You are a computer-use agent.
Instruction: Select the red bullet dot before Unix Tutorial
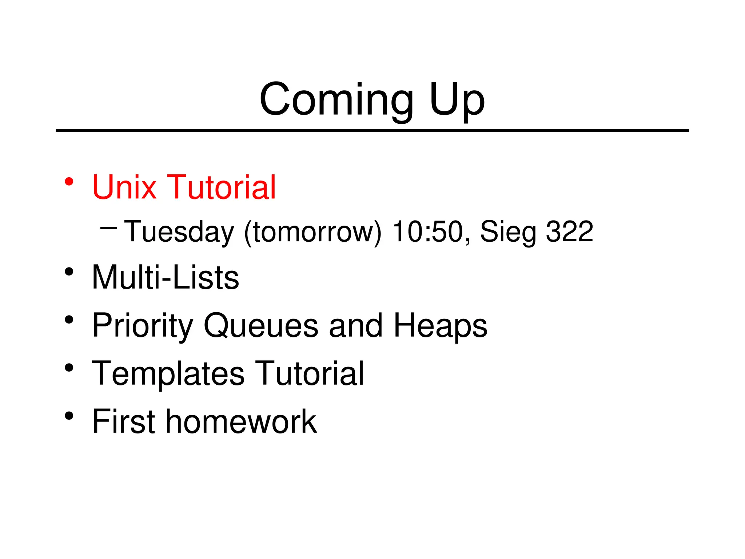click(x=69, y=181)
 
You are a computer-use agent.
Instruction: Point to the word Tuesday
click(x=179, y=232)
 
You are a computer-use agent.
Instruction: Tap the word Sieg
click(x=508, y=232)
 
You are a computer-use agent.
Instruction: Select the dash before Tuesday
click(x=108, y=229)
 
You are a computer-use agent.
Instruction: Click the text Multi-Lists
click(x=166, y=277)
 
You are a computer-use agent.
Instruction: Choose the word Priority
click(x=142, y=326)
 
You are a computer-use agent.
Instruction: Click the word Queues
click(x=261, y=326)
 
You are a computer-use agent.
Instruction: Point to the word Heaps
click(x=440, y=326)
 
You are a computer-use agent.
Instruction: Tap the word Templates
click(x=168, y=374)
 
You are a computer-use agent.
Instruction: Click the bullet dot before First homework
click(x=69, y=416)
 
